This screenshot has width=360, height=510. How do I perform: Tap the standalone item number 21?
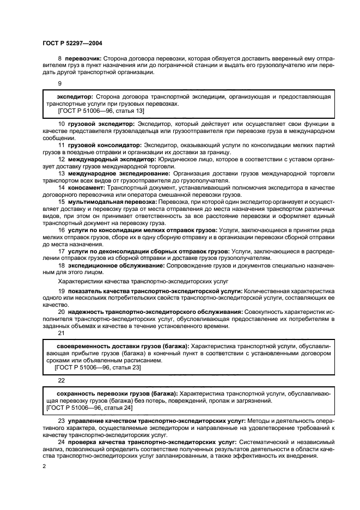61,332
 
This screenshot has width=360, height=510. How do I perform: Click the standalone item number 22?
61,380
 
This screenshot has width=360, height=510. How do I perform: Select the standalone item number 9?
60,83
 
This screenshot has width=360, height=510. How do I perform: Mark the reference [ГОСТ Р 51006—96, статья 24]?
90,408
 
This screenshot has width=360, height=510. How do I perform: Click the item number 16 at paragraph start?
61,230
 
